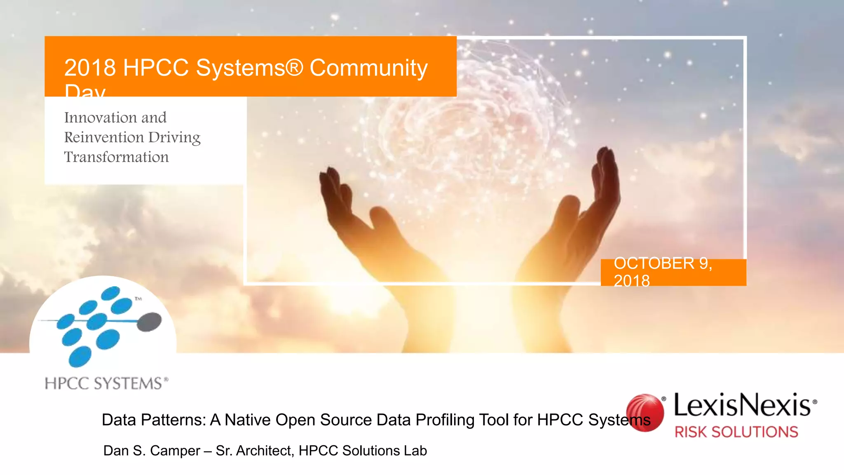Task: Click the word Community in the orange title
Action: pyautogui.click(x=368, y=68)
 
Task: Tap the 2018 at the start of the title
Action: pyautogui.click(x=90, y=68)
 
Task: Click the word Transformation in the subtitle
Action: pyautogui.click(x=116, y=157)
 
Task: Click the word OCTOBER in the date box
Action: pyautogui.click(x=654, y=263)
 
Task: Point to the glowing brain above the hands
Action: pyautogui.click(x=466, y=120)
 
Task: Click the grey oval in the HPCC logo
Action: pyautogui.click(x=149, y=322)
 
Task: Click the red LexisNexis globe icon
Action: pyautogui.click(x=645, y=412)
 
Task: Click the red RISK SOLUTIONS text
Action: pyautogui.click(x=736, y=432)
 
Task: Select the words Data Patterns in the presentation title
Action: pyautogui.click(x=153, y=420)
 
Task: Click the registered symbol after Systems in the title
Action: pyautogui.click(x=295, y=67)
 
